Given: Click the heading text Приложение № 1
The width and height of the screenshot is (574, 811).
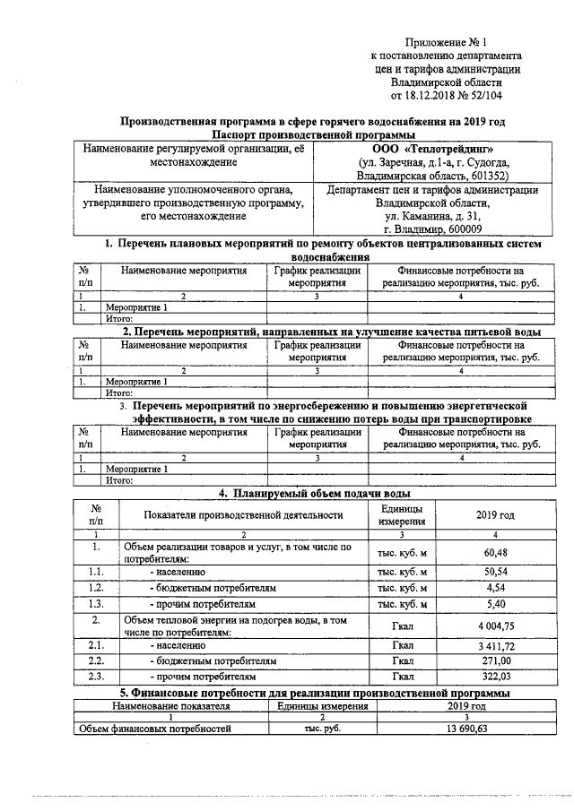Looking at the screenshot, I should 445,41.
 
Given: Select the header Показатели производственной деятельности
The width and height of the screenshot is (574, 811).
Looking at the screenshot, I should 243,515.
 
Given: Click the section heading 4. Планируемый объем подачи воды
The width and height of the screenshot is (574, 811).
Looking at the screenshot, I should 315,493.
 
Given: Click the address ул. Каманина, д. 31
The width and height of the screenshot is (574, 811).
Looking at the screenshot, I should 432,217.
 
